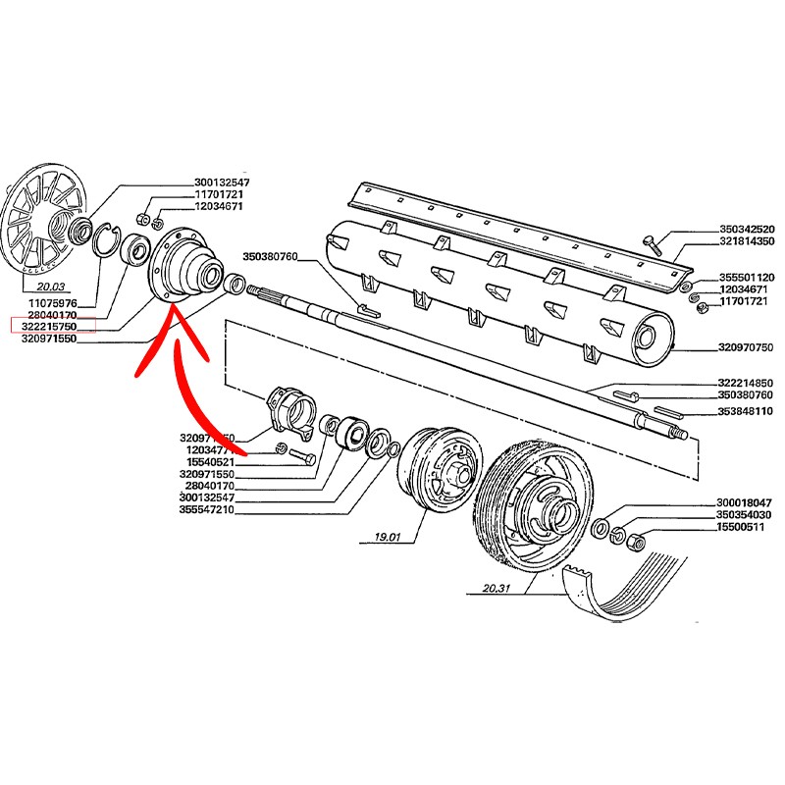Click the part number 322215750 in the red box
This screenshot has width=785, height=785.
click(52, 325)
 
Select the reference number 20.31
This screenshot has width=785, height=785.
click(499, 590)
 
